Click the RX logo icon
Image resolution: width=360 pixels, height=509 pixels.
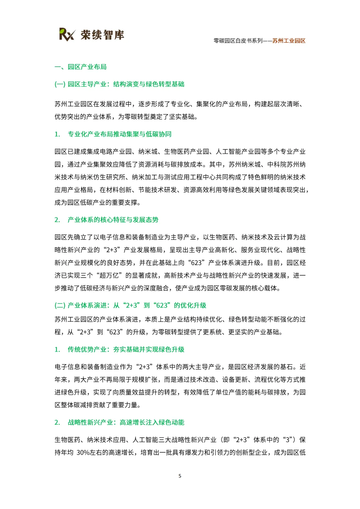(x=67, y=34)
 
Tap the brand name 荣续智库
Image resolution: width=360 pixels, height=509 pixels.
(x=102, y=35)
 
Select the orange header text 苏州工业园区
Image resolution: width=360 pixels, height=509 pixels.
(x=289, y=41)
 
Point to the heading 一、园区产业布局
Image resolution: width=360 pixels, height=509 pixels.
(x=81, y=67)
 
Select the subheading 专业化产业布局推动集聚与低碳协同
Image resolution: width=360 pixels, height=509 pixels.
(x=119, y=134)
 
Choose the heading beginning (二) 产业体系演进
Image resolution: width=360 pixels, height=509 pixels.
(x=130, y=306)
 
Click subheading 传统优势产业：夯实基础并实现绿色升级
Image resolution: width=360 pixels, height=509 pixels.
(x=126, y=350)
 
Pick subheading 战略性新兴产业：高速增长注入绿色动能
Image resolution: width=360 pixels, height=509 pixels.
(x=126, y=423)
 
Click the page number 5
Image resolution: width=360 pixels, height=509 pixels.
(x=180, y=476)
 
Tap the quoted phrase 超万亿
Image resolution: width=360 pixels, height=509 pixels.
(x=109, y=276)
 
